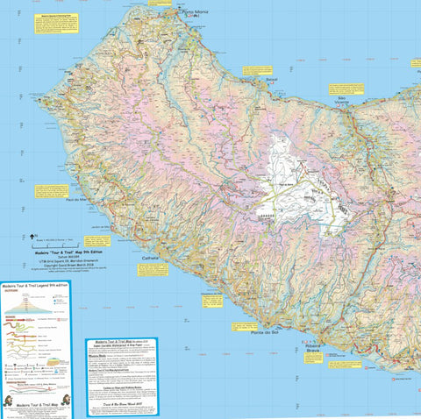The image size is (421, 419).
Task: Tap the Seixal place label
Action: [273, 77]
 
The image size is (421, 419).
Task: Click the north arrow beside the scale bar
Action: [32, 235]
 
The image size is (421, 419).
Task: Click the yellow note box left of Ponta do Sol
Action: [213, 301]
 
